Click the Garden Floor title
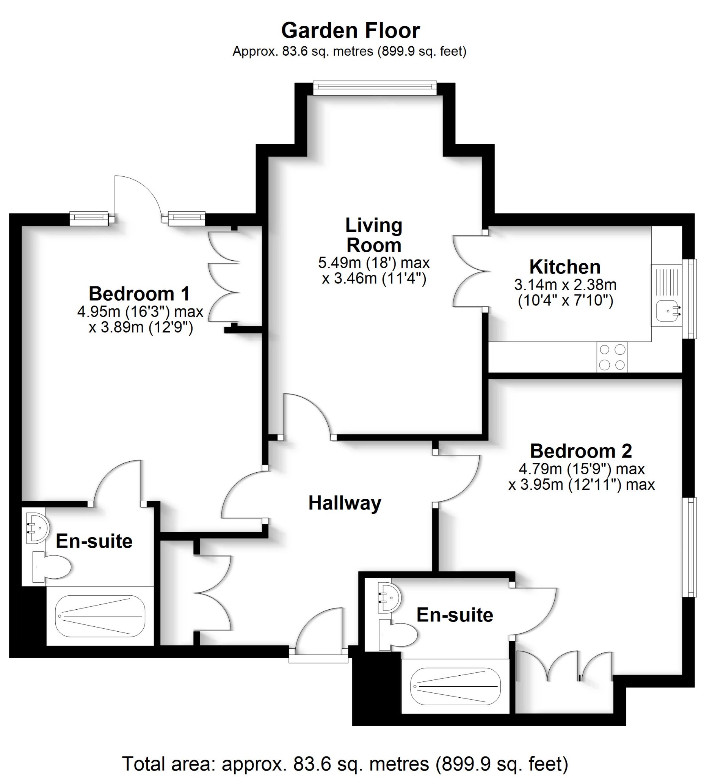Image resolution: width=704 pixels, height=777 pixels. coord(350,31)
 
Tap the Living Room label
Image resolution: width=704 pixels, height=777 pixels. coord(373,235)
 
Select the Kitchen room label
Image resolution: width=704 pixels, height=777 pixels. coord(564,267)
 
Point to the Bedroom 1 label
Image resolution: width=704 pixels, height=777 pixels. coord(139,294)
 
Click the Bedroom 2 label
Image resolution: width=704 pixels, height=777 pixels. coord(581,451)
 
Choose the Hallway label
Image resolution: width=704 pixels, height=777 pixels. coord(345,503)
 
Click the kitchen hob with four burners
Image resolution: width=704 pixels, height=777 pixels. coord(612,357)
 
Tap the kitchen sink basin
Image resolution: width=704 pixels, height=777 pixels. coord(666,311)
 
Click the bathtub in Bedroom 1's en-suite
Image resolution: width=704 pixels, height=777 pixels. coord(100,616)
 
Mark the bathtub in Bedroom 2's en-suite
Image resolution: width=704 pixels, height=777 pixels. coord(456,686)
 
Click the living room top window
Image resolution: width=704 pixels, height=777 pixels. coord(375,88)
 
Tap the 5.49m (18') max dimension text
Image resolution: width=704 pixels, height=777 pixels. coord(373,263)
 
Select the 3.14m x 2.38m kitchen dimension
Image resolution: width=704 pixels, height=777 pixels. coord(565,285)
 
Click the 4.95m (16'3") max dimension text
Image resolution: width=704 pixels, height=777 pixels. coord(140,311)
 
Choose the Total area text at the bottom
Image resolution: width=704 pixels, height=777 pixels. coord(345,763)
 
